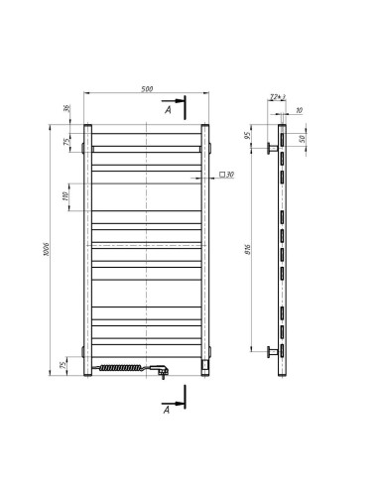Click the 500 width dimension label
click(147, 89)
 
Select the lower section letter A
click(168, 408)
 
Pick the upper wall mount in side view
click(271, 150)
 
